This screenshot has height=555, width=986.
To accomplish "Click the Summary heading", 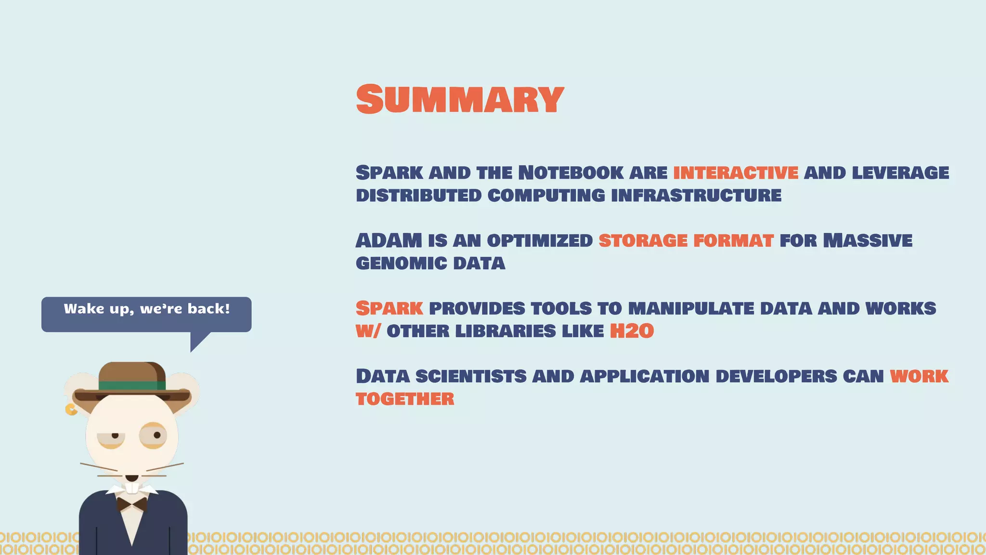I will coord(460,99).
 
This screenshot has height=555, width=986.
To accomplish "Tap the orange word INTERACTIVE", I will coord(736,172).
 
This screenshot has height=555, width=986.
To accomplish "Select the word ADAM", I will coord(389,240).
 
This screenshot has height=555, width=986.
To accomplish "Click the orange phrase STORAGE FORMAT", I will coord(686,240).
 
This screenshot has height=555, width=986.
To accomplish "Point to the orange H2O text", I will coord(632,331).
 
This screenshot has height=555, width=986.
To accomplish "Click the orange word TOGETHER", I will coord(405,399).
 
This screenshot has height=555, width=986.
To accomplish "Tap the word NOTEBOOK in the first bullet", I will coord(571,172).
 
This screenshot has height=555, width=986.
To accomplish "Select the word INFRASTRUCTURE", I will coord(696,196).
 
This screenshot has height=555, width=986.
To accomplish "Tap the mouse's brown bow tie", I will coord(132,504).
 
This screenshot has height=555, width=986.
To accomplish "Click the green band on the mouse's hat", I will coord(132,385).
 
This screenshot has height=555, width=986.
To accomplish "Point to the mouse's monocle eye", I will coord(154,436).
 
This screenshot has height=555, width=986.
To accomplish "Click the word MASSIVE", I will coord(868,240).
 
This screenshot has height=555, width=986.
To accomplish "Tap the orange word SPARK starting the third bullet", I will coord(389,308).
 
